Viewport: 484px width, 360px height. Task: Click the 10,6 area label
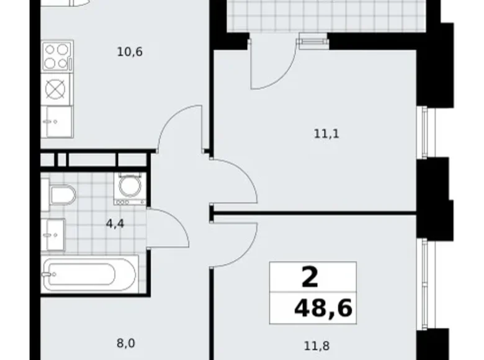tap(130, 52)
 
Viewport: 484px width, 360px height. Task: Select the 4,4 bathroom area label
tap(115, 223)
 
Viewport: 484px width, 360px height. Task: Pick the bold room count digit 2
tap(310, 276)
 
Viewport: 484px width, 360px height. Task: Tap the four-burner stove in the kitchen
tap(57, 55)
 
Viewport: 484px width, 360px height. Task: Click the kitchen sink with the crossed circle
tap(56, 89)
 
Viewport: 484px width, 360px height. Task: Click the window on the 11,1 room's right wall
tap(423, 133)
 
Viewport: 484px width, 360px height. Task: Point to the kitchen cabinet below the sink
tap(56, 121)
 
